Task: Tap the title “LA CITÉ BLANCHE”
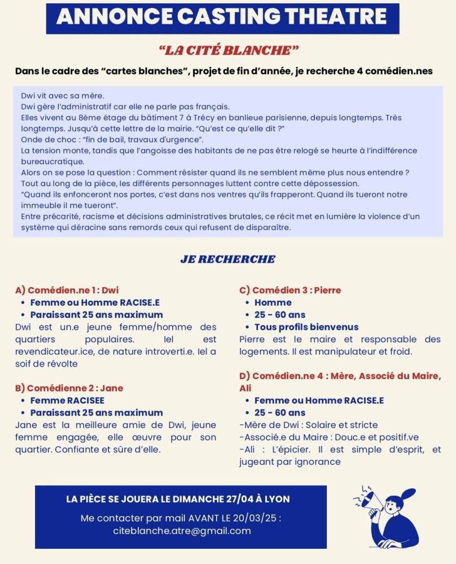[229, 51]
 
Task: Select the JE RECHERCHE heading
[228, 259]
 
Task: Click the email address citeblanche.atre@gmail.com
[181, 531]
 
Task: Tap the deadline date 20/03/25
[257, 518]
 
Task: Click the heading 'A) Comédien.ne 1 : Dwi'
[67, 290]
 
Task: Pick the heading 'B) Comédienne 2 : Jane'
[69, 388]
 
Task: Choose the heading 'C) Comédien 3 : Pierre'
[290, 290]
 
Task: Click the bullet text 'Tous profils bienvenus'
[306, 327]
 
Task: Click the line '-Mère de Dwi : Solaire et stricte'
[308, 425]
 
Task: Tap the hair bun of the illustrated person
[410, 492]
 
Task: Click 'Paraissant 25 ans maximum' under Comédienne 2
[97, 413]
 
